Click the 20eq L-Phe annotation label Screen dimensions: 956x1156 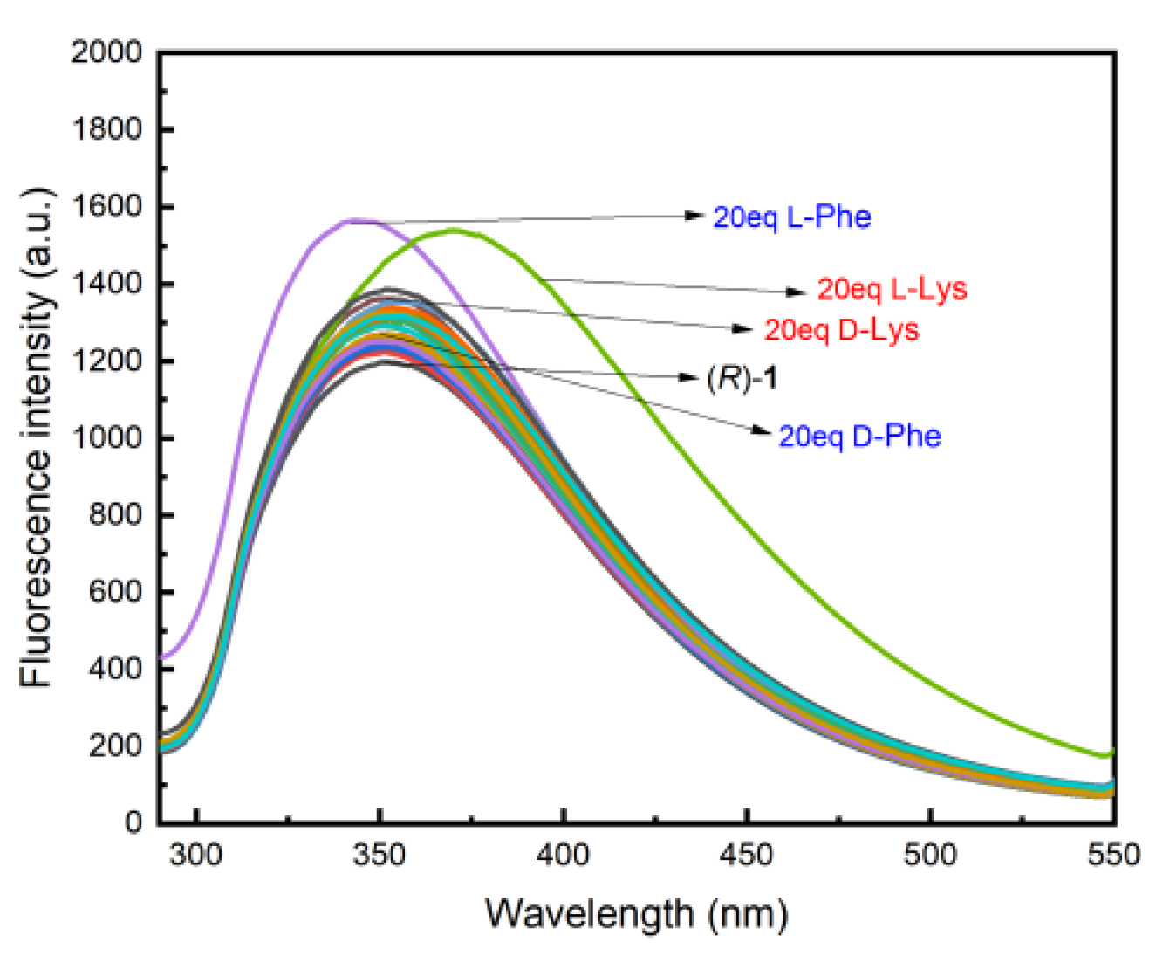click(791, 217)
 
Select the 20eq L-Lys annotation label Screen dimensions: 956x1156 click(892, 289)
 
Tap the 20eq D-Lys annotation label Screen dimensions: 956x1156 click(841, 330)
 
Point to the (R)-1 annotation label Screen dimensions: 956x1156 click(742, 378)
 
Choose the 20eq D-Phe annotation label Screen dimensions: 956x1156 click(859, 436)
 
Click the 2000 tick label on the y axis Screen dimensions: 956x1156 click(106, 52)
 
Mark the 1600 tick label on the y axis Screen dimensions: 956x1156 click(106, 207)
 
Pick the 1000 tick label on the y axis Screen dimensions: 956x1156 click(106, 438)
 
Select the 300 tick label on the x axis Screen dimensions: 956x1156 click(196, 855)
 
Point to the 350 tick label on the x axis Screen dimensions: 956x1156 click(380, 855)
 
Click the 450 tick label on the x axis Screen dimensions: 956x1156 click(747, 855)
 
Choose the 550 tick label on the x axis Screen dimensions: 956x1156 click(1113, 855)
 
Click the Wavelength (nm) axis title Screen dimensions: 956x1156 click(636, 914)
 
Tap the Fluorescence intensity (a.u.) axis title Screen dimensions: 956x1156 click(37, 437)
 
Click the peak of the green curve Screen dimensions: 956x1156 click(454, 230)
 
